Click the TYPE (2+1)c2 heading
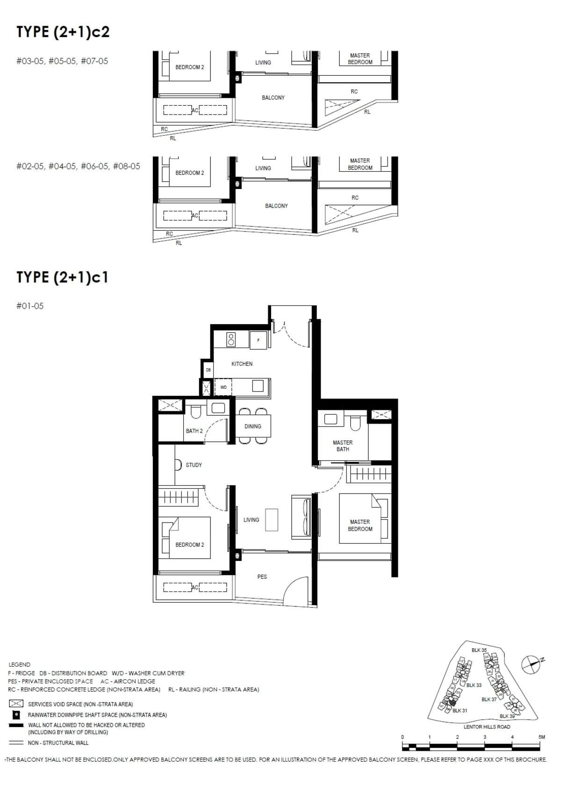click(x=63, y=32)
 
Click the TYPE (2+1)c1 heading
click(x=62, y=277)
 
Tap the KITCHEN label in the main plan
click(x=242, y=363)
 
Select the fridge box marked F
click(x=258, y=340)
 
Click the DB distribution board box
click(x=208, y=370)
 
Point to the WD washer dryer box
click(x=223, y=387)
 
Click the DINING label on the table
click(x=252, y=426)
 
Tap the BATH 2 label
click(x=194, y=431)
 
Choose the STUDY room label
click(x=194, y=465)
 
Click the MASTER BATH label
click(x=343, y=445)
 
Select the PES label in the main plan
click(x=262, y=577)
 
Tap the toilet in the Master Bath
click(x=356, y=422)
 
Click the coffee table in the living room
click(x=272, y=520)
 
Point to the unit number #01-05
click(x=30, y=306)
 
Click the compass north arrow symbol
click(x=531, y=664)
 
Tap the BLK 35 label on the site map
click(x=479, y=650)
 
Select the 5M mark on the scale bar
click(x=541, y=737)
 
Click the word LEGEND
click(x=19, y=664)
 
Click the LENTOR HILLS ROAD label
click(x=487, y=727)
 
